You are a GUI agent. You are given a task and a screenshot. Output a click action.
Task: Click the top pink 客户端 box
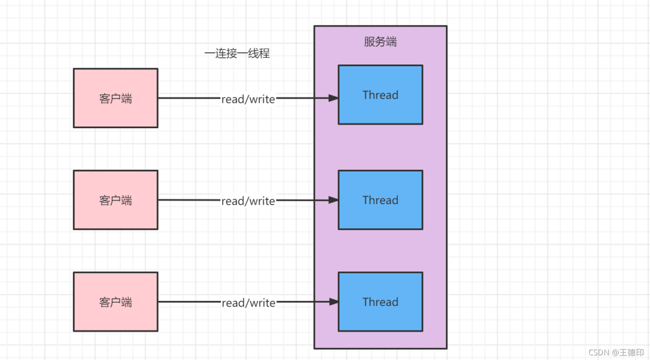click(116, 98)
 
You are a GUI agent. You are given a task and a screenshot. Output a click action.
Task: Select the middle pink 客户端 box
click(116, 200)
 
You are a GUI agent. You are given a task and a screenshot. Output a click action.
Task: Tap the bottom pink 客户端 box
click(116, 302)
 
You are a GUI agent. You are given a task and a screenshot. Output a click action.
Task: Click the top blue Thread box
click(380, 95)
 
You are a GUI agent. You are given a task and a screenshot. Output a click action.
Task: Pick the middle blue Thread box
click(380, 200)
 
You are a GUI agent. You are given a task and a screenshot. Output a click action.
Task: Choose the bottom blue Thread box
click(380, 302)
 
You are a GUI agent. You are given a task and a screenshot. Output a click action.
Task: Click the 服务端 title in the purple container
click(380, 42)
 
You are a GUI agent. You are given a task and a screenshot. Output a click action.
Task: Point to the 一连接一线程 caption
click(237, 54)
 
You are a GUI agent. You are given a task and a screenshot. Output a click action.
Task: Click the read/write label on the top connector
click(249, 99)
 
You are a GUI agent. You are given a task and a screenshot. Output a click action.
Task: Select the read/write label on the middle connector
click(249, 201)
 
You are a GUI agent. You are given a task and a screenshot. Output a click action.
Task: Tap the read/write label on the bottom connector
click(249, 303)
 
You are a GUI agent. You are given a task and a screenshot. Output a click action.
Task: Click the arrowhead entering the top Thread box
click(333, 98)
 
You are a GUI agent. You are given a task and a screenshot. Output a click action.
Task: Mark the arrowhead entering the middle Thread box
click(333, 200)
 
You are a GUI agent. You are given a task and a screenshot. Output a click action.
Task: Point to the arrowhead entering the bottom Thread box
click(333, 302)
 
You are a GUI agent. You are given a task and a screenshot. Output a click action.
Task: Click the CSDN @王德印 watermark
click(616, 353)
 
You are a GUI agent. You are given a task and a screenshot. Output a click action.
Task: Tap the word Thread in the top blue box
click(380, 95)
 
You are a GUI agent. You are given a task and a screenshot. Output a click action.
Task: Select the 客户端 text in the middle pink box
click(116, 200)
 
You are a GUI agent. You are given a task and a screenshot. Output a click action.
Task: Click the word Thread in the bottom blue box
click(380, 302)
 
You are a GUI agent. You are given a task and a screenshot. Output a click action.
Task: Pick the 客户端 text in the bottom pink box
click(116, 302)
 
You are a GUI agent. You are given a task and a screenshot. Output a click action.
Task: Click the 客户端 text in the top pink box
click(116, 99)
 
